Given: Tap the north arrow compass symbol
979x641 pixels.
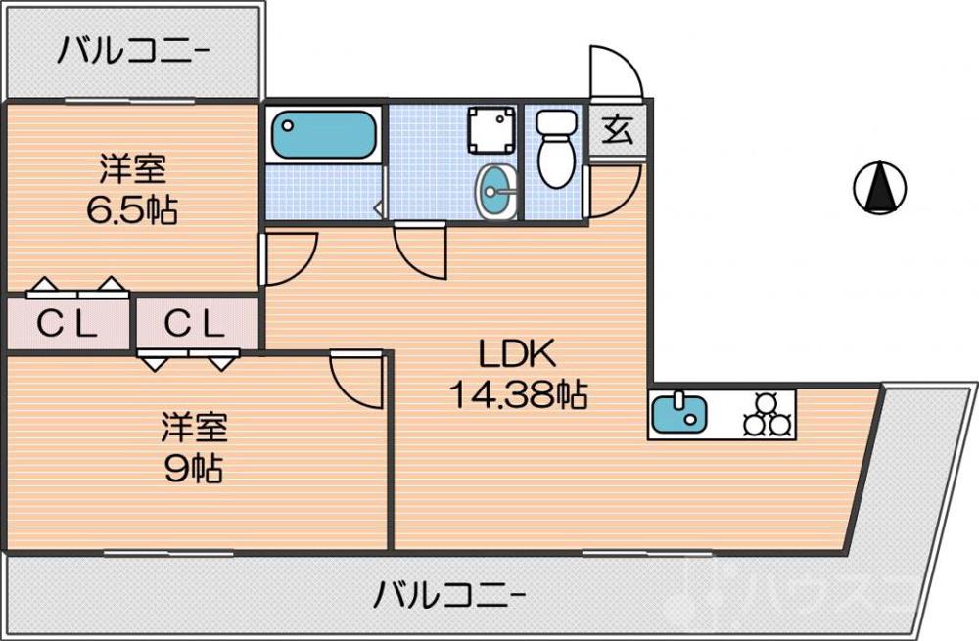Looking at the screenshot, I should coord(880,185).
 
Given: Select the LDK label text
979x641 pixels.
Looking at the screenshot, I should coord(517,353).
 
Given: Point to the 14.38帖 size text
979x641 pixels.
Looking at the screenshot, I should coord(517,394).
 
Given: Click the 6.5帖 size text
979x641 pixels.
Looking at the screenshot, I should coord(131,209).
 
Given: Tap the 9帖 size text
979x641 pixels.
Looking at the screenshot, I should coord(193,468).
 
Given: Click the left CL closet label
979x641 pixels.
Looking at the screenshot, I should coord(68,323).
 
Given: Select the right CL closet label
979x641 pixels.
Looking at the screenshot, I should coord(194,323).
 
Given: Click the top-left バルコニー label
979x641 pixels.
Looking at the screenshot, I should coord(131,49).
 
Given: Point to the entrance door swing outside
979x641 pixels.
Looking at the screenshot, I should coord(613,72).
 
